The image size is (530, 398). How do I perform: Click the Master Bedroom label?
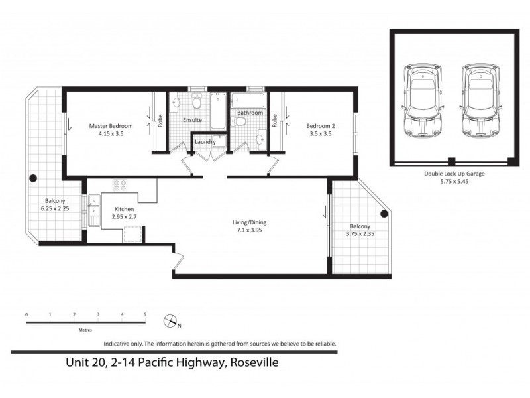pos(111,126)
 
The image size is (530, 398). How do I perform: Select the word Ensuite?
pos(193,120)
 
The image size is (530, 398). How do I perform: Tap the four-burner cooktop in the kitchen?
pos(121,186)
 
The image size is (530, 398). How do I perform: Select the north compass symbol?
pos(171,322)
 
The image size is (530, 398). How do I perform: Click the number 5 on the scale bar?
pos(146,314)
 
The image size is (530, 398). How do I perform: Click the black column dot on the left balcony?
pos(31,177)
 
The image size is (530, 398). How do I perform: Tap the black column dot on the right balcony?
pos(384,214)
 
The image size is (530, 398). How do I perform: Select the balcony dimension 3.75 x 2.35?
pos(360,233)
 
